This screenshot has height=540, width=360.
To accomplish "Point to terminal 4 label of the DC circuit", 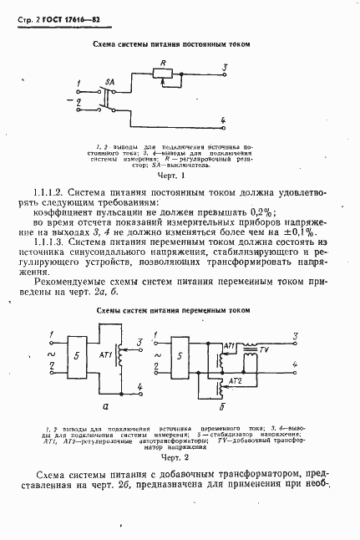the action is point(224,121).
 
